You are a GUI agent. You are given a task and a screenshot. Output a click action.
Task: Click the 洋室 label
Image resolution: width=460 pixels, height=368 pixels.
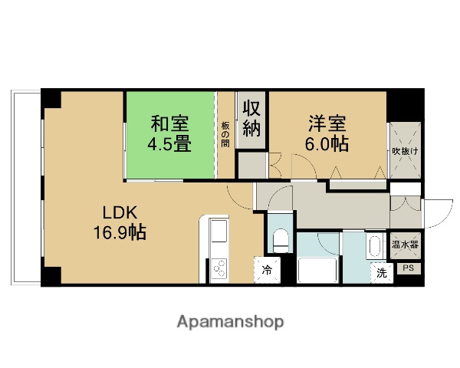point(328,123)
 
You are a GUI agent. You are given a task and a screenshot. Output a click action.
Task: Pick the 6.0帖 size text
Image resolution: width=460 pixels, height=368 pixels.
point(328,143)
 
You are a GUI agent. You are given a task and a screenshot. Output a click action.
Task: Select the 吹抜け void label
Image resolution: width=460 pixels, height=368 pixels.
point(404,151)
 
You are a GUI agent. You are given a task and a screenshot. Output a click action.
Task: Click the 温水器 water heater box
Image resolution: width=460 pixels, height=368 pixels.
point(404,245)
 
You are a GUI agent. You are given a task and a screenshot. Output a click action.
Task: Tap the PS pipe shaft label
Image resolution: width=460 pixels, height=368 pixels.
point(409,268)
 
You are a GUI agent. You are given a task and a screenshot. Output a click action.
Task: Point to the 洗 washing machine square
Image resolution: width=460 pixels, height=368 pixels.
point(381,272)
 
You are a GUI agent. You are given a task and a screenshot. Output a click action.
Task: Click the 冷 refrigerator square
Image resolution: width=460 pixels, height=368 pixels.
point(267,270)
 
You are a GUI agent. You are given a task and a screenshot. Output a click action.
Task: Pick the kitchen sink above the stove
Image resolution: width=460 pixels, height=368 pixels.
point(216,232)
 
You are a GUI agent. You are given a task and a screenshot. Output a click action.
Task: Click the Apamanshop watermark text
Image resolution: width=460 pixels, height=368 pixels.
point(230,322)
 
